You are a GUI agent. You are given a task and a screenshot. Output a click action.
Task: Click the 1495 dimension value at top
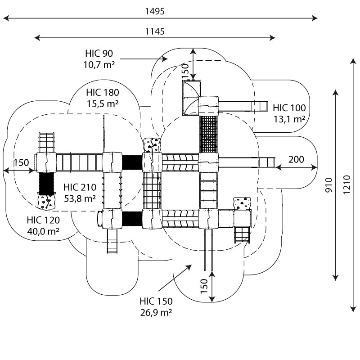point(154,12)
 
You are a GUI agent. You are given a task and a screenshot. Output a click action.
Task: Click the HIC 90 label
point(99,54)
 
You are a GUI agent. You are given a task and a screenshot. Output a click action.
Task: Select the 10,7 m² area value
point(99,65)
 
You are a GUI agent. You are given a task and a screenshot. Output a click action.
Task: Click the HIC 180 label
point(103,93)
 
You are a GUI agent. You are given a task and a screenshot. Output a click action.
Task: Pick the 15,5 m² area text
point(103,103)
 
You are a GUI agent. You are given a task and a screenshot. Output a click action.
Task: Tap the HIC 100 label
point(289,108)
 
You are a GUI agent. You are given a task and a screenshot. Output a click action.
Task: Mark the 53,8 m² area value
point(79,198)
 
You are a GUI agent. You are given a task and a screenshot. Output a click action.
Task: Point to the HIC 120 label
point(43,220)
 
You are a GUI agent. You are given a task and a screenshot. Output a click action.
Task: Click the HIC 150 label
point(156,301)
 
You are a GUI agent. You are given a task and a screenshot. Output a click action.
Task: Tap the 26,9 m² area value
point(156,312)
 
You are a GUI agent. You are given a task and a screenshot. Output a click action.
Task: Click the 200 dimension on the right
point(296,159)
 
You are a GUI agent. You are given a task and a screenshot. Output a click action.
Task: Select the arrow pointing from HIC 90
point(144,58)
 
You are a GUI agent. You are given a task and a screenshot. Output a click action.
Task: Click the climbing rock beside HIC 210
point(45,202)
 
